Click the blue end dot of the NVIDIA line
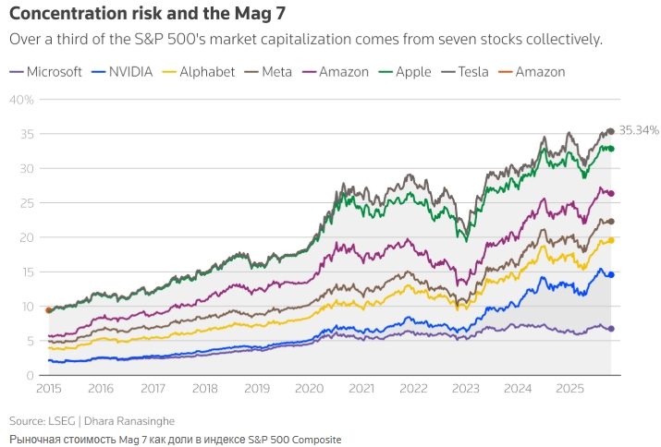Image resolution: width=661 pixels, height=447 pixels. pos(610,274)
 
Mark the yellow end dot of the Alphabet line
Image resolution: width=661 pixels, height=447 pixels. pos(610,240)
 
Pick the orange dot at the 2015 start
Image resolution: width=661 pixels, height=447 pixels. pos(48,310)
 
